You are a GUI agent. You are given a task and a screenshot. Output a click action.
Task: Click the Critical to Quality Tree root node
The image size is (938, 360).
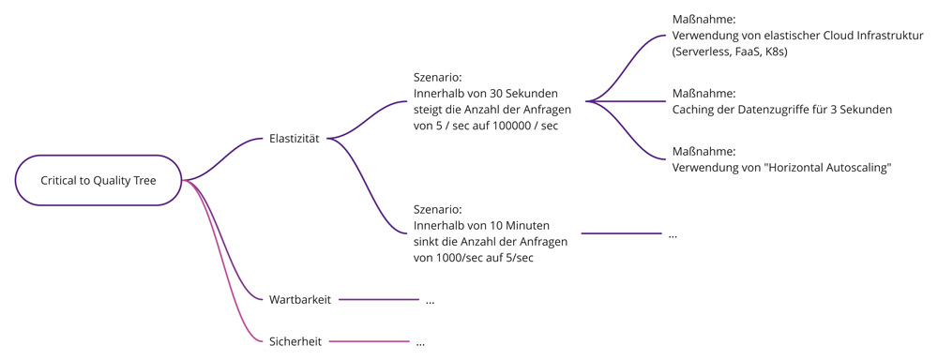(x=98, y=180)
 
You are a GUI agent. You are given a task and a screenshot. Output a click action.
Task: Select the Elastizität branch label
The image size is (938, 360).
(x=294, y=139)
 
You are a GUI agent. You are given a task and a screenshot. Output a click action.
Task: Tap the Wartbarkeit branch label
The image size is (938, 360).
(x=298, y=300)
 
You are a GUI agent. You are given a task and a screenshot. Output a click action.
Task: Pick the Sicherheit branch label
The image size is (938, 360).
(x=295, y=342)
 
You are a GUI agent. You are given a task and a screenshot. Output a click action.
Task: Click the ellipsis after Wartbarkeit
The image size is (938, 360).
(x=430, y=301)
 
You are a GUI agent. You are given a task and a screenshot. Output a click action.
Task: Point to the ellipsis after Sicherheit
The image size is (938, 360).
(x=420, y=343)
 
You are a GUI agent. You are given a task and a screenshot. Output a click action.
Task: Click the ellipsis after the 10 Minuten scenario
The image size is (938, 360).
(x=673, y=234)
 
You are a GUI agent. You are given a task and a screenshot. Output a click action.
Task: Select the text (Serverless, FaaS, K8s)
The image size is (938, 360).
(x=730, y=52)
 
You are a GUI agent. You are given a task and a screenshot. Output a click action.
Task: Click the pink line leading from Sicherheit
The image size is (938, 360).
(x=370, y=342)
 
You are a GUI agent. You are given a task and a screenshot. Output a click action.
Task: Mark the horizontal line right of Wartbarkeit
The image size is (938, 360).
(x=379, y=300)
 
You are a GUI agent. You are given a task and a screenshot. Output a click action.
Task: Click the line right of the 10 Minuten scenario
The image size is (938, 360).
(x=621, y=233)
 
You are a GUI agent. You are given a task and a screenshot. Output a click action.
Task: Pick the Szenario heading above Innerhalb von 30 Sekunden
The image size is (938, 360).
(x=437, y=78)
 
